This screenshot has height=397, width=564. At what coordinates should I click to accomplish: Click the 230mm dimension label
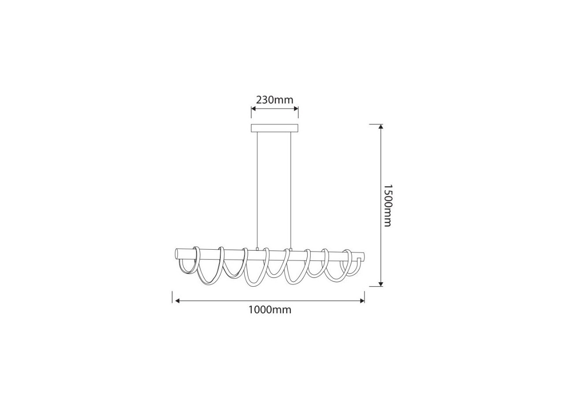[275, 100]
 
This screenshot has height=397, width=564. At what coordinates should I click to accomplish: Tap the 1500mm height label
[387, 206]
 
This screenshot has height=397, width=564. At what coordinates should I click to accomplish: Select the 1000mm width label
[270, 310]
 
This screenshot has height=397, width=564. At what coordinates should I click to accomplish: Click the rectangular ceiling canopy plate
[275, 128]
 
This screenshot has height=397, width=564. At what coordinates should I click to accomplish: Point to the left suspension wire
[257, 190]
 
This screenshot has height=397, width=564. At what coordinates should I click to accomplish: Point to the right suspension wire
[291, 190]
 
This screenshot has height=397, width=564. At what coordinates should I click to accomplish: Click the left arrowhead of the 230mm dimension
[253, 109]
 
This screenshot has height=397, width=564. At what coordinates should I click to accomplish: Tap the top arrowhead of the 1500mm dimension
[381, 127]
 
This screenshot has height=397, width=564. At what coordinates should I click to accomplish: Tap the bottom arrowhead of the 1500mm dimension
[381, 284]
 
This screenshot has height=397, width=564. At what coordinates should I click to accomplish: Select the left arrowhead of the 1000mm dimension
[177, 301]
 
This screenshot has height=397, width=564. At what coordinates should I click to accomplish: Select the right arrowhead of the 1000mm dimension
[362, 301]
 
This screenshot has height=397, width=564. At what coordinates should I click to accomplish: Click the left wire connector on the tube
[257, 250]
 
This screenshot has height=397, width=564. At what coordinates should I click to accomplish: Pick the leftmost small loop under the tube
[187, 267]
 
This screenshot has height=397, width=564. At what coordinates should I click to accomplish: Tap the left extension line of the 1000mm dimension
[172, 297]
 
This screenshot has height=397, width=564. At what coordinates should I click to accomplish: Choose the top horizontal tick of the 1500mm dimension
[375, 124]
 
